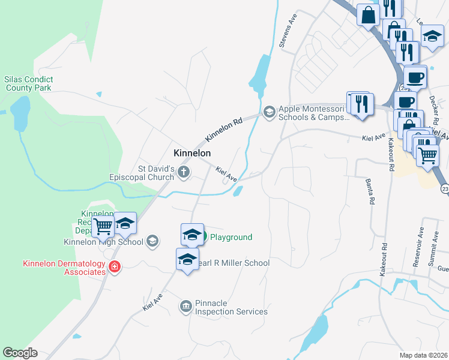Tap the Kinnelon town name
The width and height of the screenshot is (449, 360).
coord(192,153)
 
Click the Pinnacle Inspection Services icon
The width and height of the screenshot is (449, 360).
coord(185,307)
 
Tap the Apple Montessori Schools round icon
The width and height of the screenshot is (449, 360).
coord(270,111)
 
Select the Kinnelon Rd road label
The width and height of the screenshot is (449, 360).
coord(223,129)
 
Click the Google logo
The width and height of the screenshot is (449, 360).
coord(20,353)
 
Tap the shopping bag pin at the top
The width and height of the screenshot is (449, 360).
coord(367,14)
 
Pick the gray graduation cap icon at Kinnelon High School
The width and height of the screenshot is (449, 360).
coord(153,242)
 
